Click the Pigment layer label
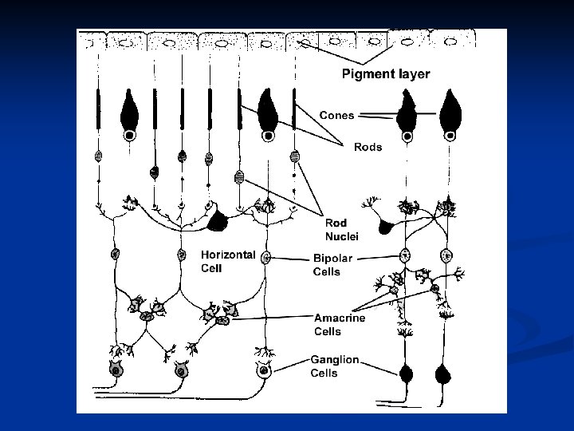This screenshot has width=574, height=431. [386, 74]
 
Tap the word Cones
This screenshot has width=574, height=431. [337, 115]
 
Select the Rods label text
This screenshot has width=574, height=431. [368, 147]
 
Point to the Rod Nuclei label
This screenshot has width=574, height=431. [342, 229]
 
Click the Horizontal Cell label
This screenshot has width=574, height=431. [227, 261]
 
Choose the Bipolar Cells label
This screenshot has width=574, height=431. [332, 265]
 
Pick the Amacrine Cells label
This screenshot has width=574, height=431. [340, 324]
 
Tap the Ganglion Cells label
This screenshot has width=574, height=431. [335, 366]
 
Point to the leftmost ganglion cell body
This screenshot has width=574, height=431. [116, 370]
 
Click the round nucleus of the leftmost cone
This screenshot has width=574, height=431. [129, 136]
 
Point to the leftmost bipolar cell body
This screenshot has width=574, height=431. [116, 255]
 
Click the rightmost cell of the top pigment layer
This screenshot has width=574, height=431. [451, 40]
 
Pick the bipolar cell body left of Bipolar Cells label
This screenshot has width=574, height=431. [266, 258]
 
